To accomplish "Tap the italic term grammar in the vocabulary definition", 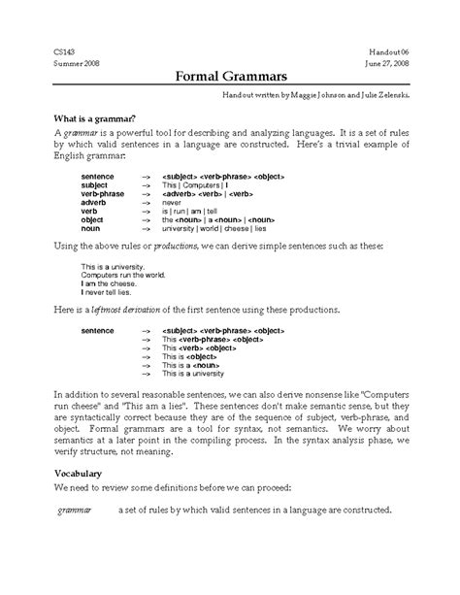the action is pos(75,510).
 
